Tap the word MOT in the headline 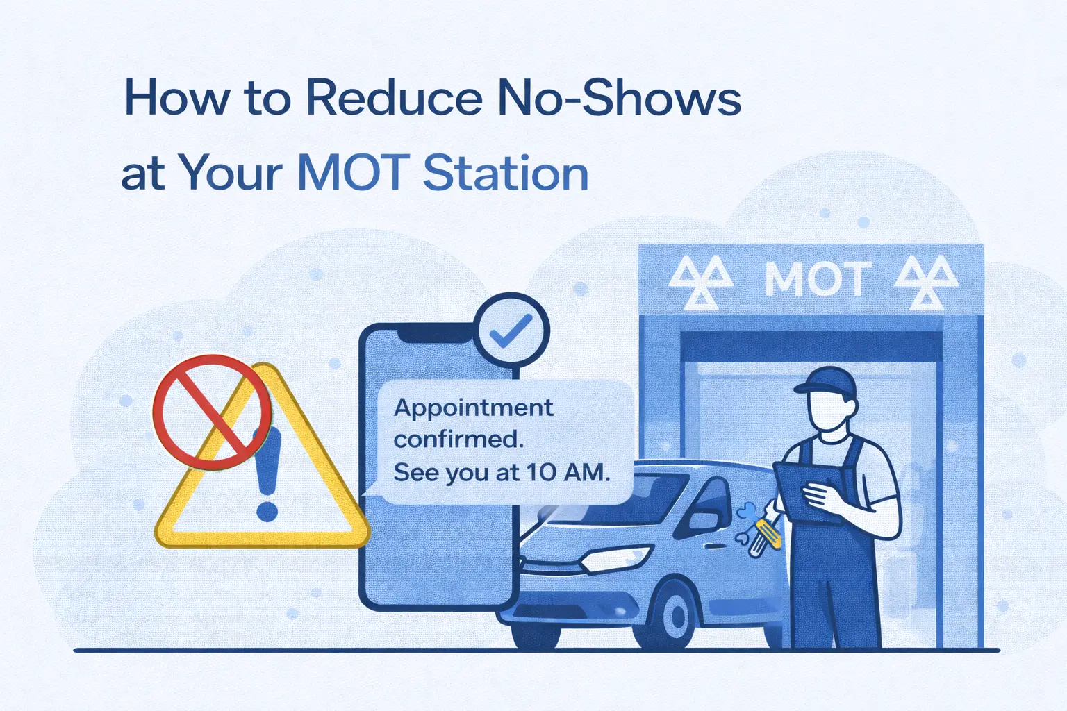point(351,173)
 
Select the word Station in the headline point(506,173)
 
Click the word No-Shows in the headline point(619,99)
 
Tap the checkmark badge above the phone point(511,329)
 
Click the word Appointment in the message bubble point(474,408)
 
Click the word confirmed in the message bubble point(458,440)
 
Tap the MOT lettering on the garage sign point(817,280)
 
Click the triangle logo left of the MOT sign point(701,283)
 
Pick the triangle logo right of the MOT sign point(926,283)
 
